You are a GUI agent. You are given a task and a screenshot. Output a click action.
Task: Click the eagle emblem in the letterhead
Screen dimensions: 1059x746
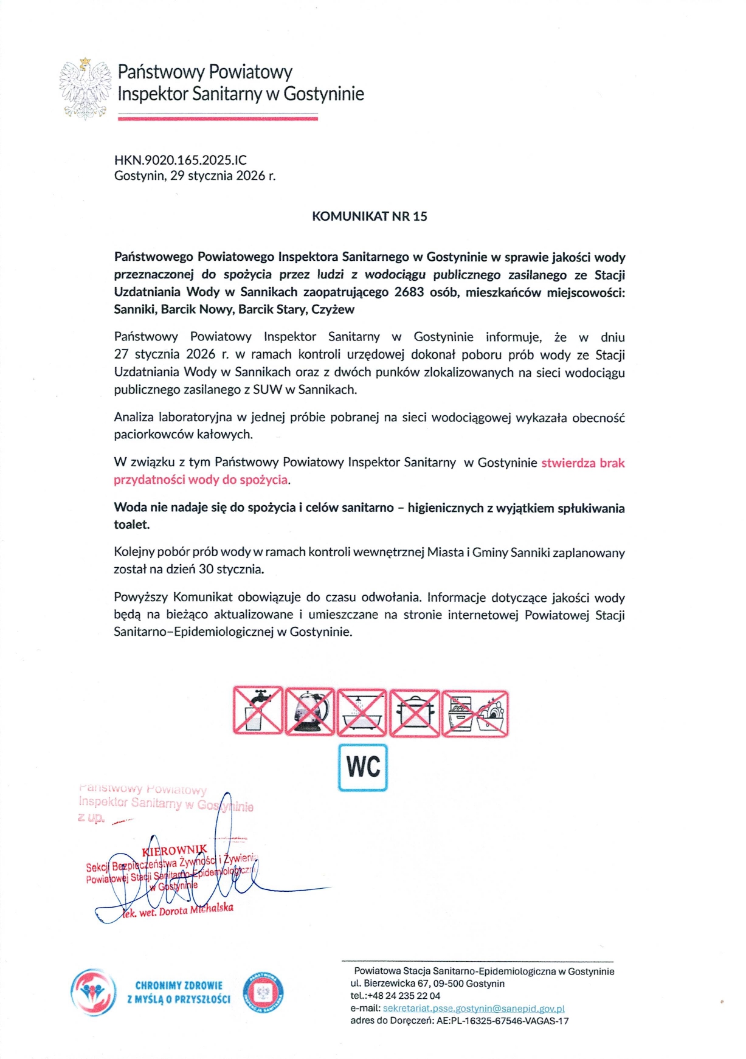pyautogui.click(x=86, y=88)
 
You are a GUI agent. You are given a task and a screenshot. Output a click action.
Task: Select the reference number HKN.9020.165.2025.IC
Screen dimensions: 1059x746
pyautogui.click(x=181, y=160)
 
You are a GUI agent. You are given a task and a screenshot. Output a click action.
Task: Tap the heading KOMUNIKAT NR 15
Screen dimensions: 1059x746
pyautogui.click(x=369, y=216)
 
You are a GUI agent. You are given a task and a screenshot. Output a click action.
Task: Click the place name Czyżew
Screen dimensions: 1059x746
pyautogui.click(x=333, y=309)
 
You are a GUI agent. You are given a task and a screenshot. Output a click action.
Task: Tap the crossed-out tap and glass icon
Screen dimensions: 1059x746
pyautogui.click(x=258, y=711)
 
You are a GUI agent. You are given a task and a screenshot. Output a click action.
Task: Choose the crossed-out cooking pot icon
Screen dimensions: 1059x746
pyautogui.click(x=414, y=712)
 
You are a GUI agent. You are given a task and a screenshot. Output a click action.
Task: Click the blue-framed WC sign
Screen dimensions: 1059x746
pyautogui.click(x=363, y=767)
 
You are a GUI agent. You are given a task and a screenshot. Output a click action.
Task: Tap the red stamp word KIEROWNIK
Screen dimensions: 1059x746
pyautogui.click(x=174, y=850)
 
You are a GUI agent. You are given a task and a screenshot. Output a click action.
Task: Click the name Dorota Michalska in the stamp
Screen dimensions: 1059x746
pyautogui.click(x=196, y=909)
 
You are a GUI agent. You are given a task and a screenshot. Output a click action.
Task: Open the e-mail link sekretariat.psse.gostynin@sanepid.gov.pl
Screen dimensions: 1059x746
pyautogui.click(x=474, y=1009)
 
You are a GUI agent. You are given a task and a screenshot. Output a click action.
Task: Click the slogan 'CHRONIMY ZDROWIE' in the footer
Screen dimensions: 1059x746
pyautogui.click(x=179, y=985)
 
